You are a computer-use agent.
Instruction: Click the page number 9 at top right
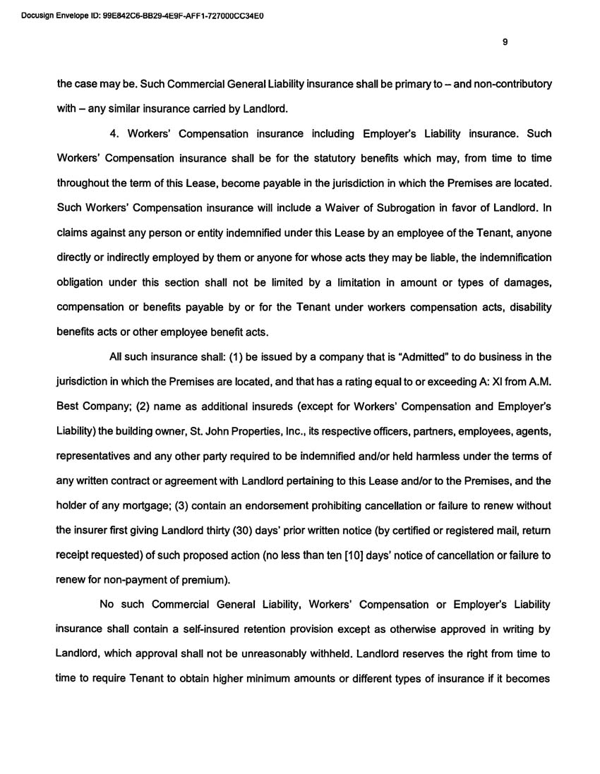(x=505, y=42)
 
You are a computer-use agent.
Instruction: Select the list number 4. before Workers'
(x=115, y=133)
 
